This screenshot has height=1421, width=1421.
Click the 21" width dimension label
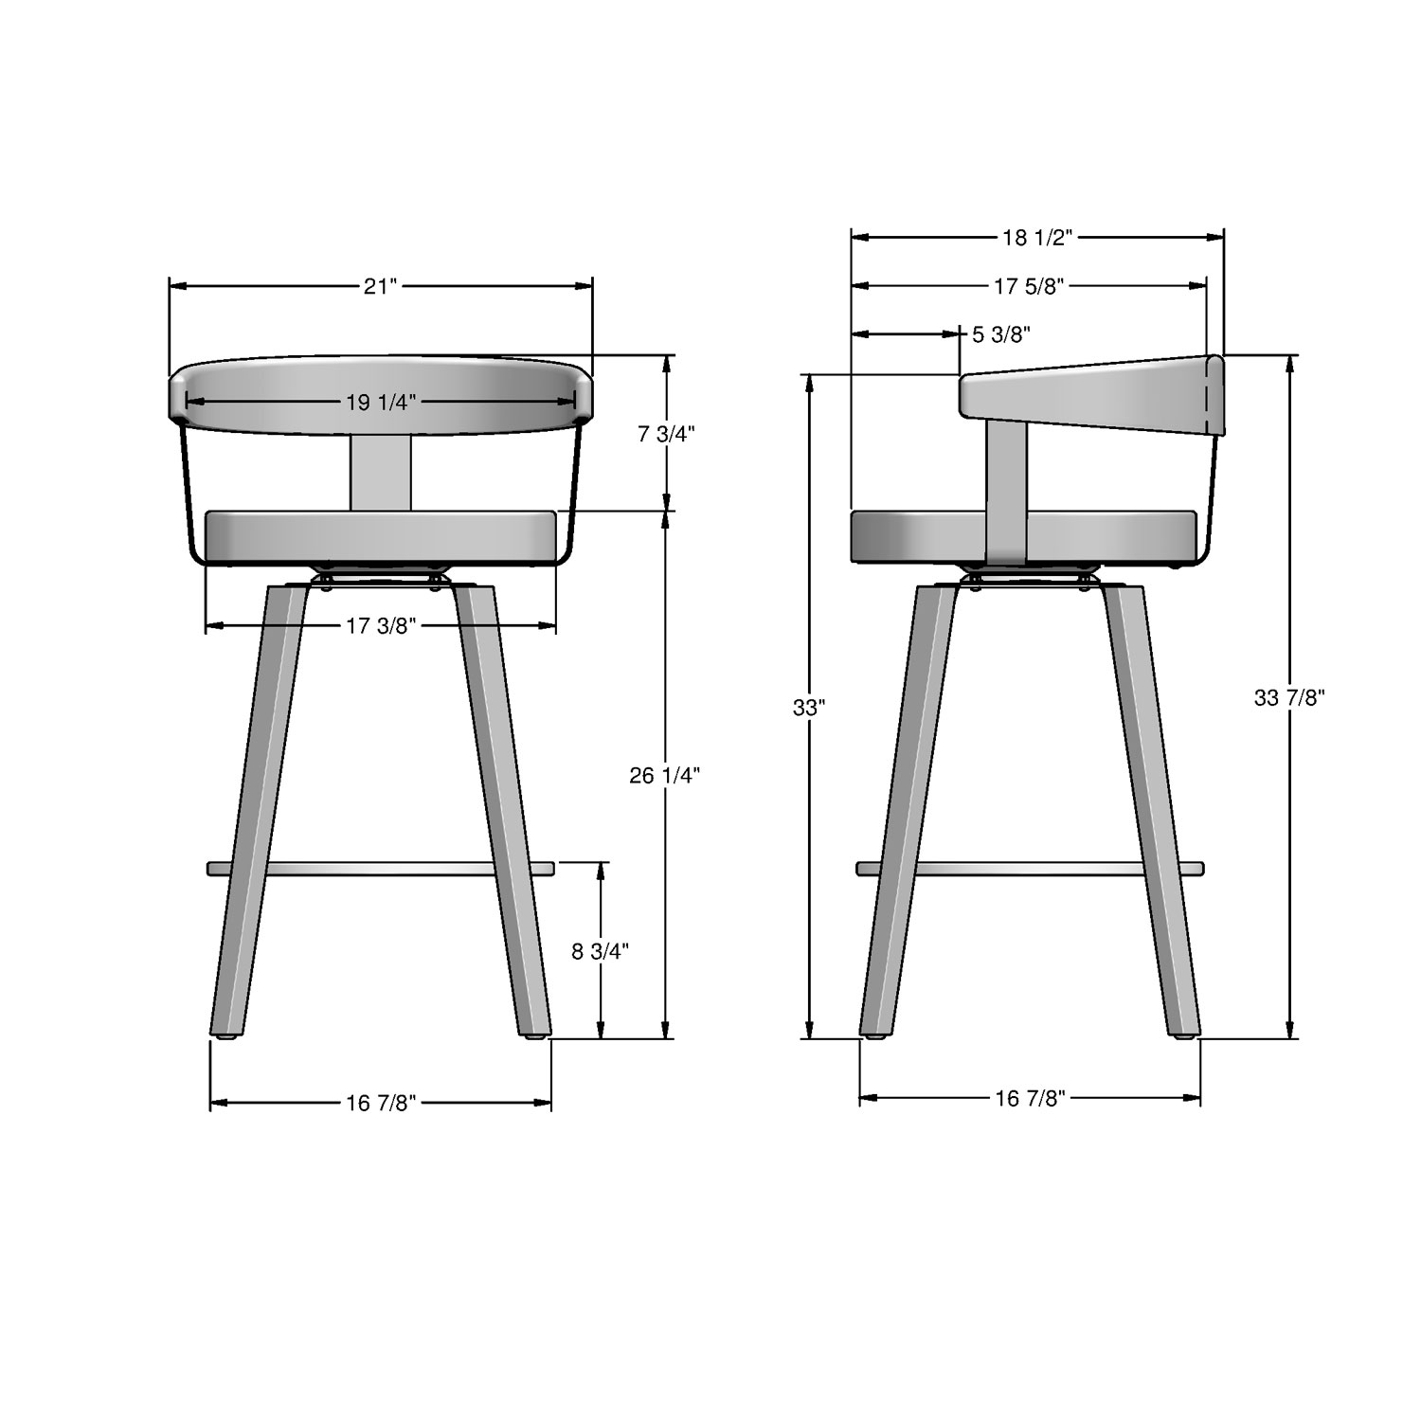[x=380, y=286]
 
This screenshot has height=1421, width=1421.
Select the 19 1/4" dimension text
[x=380, y=403]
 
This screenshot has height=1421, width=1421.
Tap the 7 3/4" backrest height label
[x=667, y=434]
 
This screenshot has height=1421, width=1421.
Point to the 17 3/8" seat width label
[x=380, y=626]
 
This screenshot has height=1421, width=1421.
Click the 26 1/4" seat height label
[x=665, y=776]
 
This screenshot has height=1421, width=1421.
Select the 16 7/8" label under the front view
[x=381, y=1103]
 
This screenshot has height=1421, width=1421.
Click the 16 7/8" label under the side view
[x=1031, y=1098]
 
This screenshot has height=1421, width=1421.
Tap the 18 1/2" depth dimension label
[x=1036, y=237]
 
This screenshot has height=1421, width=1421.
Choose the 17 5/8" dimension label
[x=1030, y=286]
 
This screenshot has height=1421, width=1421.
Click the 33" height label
[x=809, y=707]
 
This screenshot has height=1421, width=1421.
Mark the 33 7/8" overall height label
[x=1288, y=698]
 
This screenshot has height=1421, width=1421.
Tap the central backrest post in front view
[x=382, y=472]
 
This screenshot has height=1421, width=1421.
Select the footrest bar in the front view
[x=380, y=869]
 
